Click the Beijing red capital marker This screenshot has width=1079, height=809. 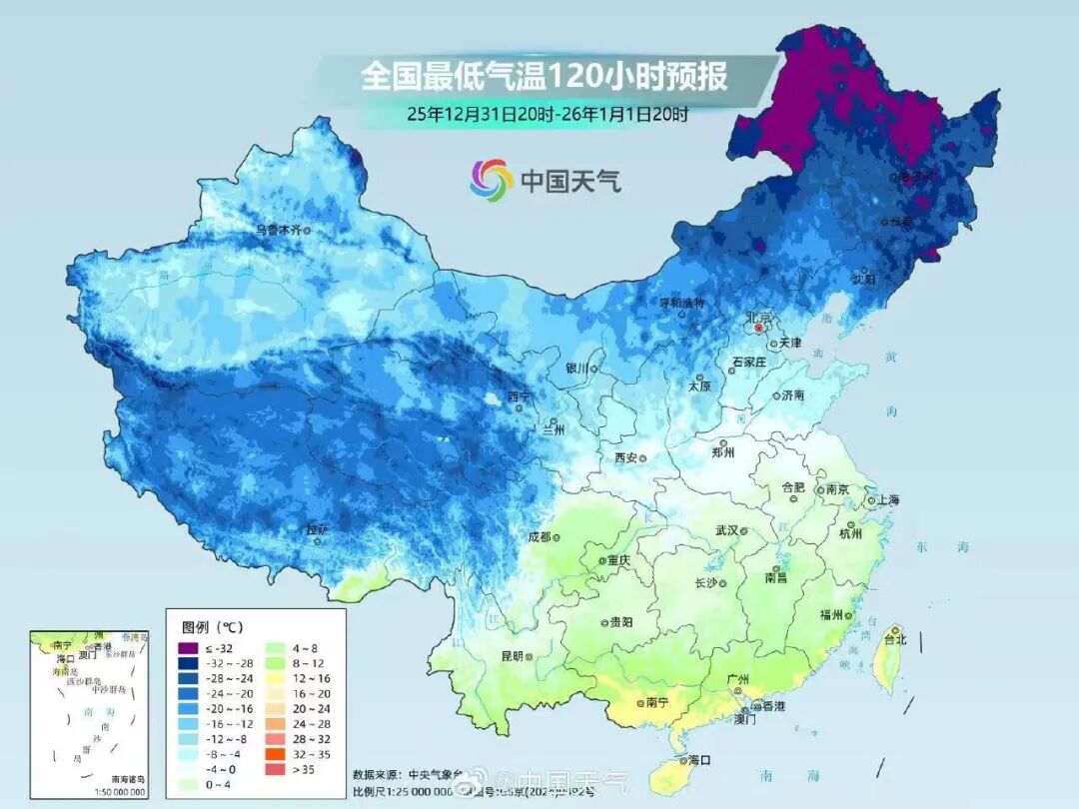[759, 327]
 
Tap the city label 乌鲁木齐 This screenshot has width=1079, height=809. [278, 229]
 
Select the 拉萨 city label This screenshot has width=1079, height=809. [317, 528]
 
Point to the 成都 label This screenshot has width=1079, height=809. [539, 536]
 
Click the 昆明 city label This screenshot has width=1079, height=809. [511, 656]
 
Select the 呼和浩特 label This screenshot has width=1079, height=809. [682, 302]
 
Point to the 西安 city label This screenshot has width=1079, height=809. [625, 457]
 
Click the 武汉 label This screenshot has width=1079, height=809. [726, 530]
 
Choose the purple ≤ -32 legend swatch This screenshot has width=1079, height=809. [188, 648]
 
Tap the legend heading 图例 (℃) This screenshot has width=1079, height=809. [213, 627]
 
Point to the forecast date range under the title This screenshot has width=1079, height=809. [547, 114]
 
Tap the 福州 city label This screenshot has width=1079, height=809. [829, 614]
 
